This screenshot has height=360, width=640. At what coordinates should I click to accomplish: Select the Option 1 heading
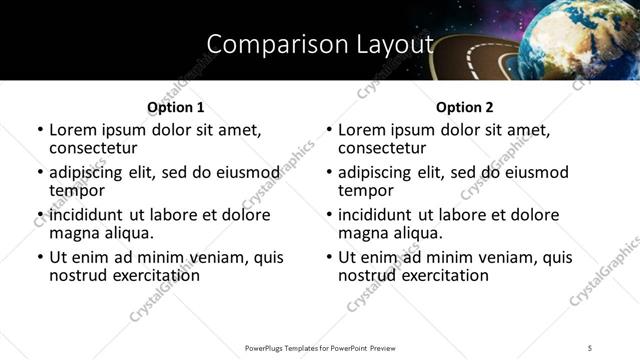point(176,107)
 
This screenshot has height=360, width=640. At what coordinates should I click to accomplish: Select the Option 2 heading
point(465,107)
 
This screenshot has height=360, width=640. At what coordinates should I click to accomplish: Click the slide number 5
point(591,348)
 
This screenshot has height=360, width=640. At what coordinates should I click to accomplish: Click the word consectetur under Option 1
point(96,147)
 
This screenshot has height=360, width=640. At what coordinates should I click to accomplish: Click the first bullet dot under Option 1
point(40,131)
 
